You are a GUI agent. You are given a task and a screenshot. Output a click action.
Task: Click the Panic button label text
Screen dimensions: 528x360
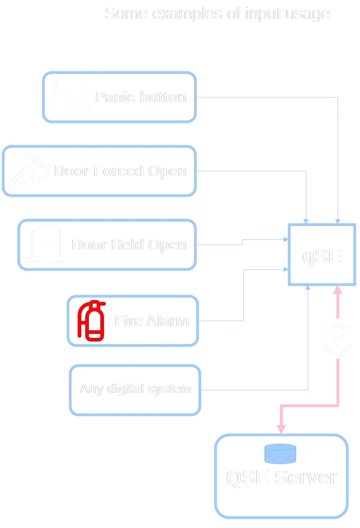[x=141, y=97]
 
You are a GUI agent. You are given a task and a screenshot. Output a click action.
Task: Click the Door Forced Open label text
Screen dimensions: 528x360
[x=121, y=171]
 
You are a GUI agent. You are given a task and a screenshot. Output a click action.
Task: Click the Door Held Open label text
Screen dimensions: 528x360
[x=130, y=245]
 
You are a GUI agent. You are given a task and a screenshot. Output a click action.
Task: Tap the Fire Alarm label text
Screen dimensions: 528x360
[x=151, y=322]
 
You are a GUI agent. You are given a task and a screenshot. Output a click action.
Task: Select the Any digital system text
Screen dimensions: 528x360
[x=136, y=389]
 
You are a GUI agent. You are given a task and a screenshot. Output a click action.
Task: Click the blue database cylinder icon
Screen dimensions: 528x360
[x=281, y=454]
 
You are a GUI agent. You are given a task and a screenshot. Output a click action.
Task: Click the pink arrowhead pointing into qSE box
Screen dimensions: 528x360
[x=338, y=290]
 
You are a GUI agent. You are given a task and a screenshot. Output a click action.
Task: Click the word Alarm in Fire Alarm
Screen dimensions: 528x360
[x=168, y=322]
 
